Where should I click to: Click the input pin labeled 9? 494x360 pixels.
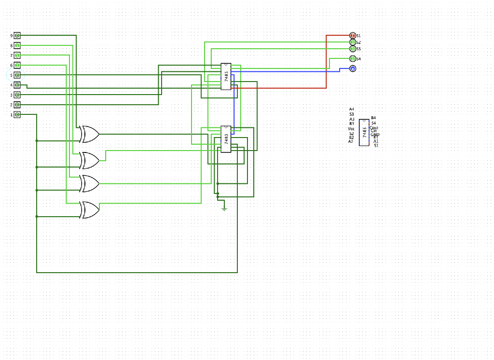tap(17, 36)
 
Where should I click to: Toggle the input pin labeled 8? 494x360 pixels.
tap(17, 45)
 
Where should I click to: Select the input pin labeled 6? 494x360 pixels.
tap(17, 65)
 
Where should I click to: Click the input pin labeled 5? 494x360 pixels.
tap(17, 75)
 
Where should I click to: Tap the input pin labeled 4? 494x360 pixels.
tap(17, 85)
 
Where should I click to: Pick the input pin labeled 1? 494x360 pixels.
tap(17, 115)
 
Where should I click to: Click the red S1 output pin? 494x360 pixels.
tap(353, 36)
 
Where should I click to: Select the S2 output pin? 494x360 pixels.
tap(353, 42)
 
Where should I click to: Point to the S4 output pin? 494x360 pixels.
tap(353, 58)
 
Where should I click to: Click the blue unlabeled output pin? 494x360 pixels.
tap(353, 69)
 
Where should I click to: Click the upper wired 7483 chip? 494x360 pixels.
tap(226, 76)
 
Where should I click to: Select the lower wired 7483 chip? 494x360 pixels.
tap(226, 139)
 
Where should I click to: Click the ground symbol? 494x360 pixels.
tap(224, 208)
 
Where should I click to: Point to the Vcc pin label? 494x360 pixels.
tap(351, 129)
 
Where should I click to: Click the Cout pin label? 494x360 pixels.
tap(374, 128)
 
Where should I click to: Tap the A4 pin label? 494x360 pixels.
tap(352, 110)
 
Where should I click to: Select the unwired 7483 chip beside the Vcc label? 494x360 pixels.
tap(364, 132)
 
